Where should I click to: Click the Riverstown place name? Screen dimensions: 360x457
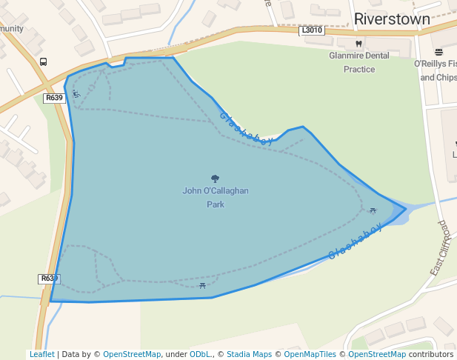pyautogui.click(x=392, y=19)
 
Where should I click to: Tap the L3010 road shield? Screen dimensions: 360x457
pyautogui.click(x=312, y=30)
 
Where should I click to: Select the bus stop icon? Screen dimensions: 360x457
pyautogui.click(x=44, y=62)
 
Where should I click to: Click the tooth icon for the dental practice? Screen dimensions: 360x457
pyautogui.click(x=359, y=44)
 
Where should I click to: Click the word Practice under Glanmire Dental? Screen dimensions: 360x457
pyautogui.click(x=359, y=70)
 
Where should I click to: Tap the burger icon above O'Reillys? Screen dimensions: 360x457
pyautogui.click(x=439, y=52)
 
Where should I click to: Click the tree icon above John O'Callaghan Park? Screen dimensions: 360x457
pyautogui.click(x=216, y=179)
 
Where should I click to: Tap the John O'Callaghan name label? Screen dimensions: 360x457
pyautogui.click(x=216, y=191)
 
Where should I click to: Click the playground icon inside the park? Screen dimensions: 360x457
pyautogui.click(x=76, y=93)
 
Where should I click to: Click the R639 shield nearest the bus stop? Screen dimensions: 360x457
pyautogui.click(x=53, y=98)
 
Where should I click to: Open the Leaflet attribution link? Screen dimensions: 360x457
pyautogui.click(x=42, y=355)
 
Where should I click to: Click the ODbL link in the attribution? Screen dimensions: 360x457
pyautogui.click(x=200, y=355)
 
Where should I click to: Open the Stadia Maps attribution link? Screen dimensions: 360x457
pyautogui.click(x=249, y=355)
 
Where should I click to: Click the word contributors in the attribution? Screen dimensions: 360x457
pyautogui.click(x=430, y=355)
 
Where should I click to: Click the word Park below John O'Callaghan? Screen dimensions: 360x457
pyautogui.click(x=216, y=204)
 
